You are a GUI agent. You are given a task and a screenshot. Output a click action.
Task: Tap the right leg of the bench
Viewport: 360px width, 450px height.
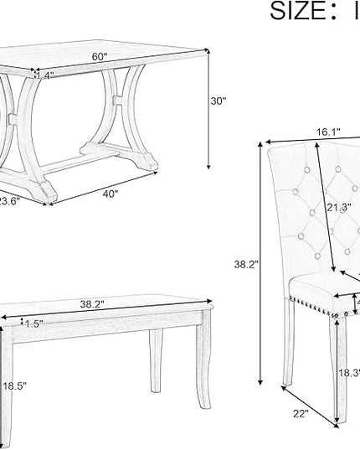point(158,369)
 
